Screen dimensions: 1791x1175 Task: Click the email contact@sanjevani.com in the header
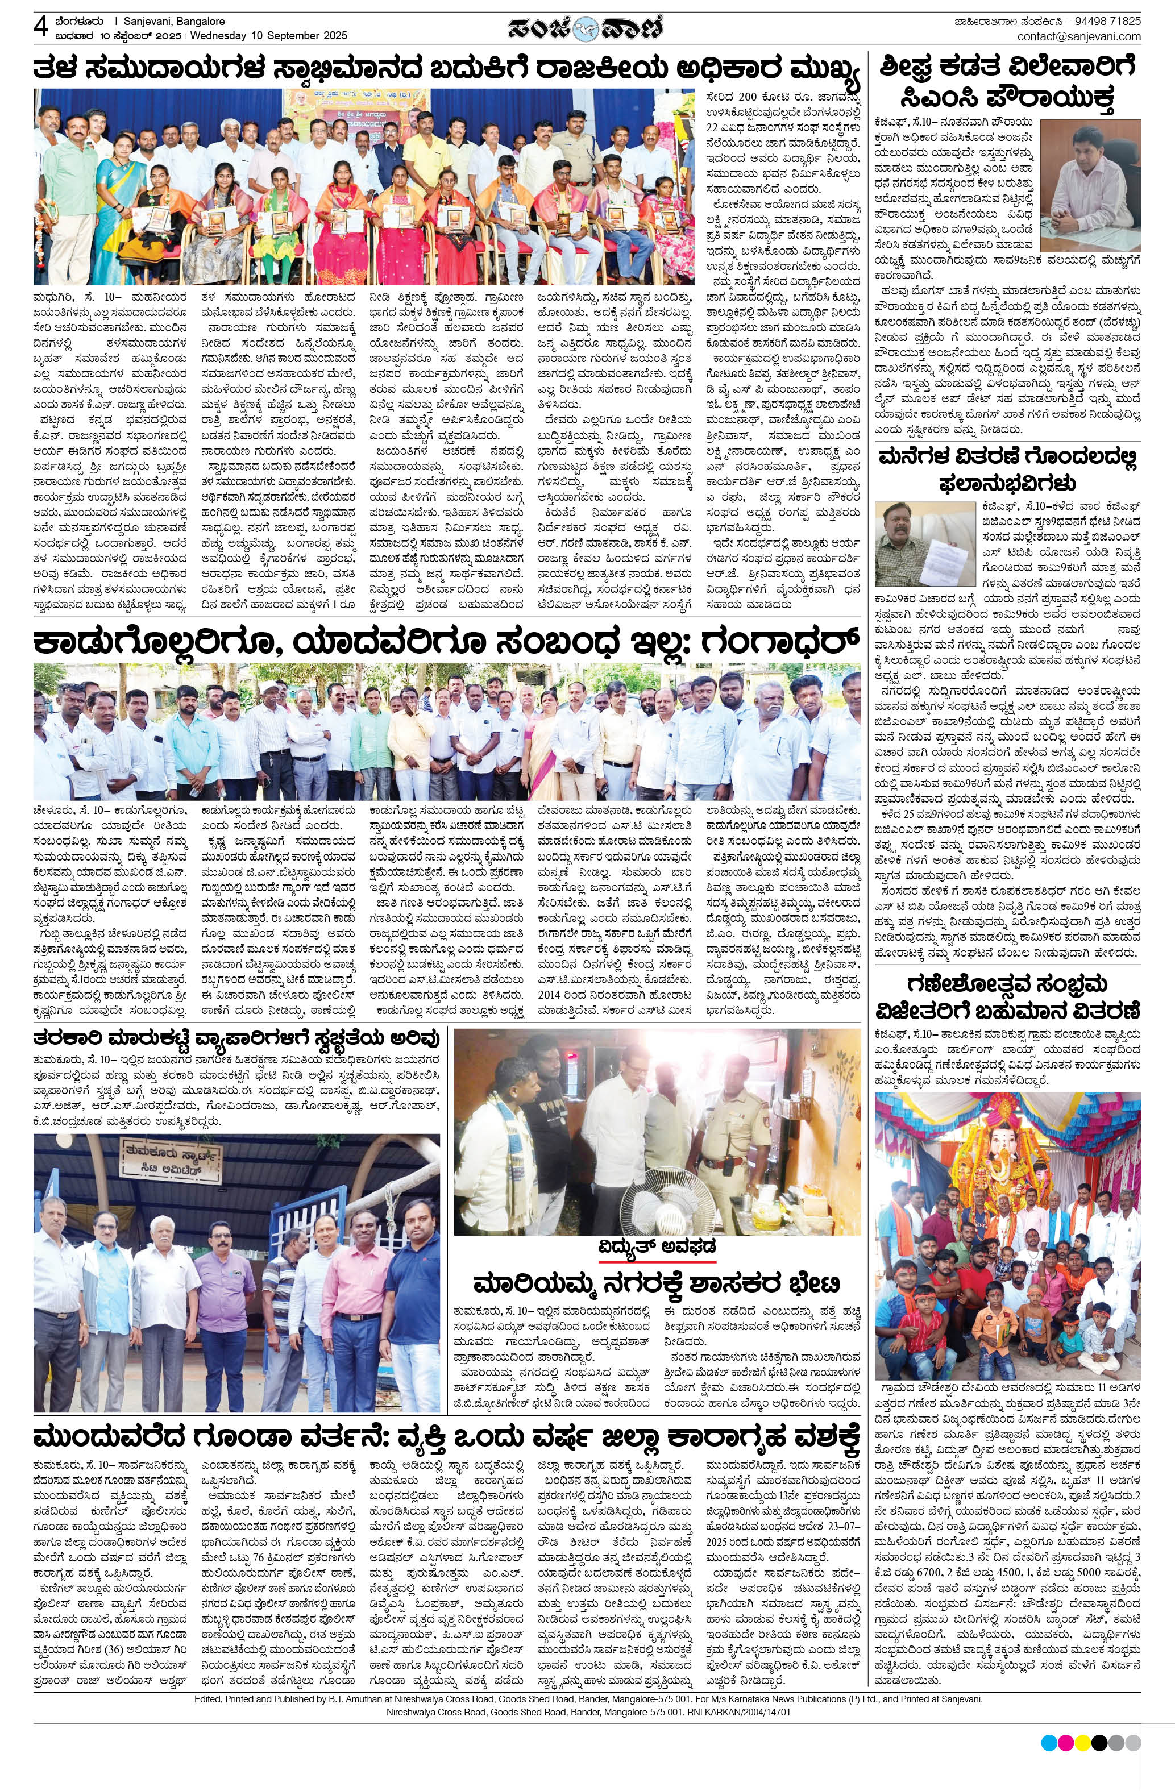1078,36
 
